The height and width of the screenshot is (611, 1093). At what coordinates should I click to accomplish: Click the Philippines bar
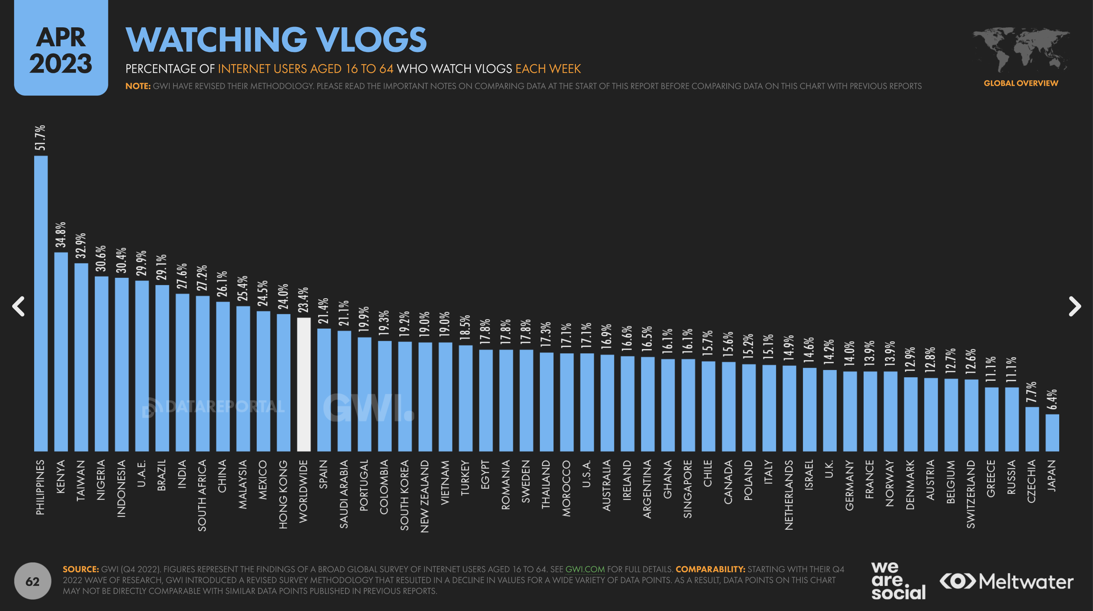point(41,303)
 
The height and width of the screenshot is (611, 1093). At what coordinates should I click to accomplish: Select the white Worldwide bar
point(303,384)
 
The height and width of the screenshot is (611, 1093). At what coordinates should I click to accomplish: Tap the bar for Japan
point(1052,433)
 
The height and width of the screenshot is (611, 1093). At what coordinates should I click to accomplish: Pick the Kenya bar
point(61,351)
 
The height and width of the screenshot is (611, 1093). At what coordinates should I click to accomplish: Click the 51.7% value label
point(40,137)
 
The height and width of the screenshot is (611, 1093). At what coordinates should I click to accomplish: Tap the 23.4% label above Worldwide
point(303,300)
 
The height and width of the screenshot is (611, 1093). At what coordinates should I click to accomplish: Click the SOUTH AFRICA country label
point(202,495)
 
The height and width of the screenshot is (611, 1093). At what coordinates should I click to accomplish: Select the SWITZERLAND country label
point(970,494)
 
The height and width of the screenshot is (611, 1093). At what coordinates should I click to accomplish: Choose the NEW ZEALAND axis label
point(425,496)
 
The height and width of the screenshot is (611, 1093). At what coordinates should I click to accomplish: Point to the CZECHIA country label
point(1031,481)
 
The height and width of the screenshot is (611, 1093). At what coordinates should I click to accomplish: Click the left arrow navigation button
point(18,306)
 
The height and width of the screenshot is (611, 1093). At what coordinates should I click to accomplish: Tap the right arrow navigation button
point(1074,306)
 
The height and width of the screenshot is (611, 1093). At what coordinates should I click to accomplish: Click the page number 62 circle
point(33,581)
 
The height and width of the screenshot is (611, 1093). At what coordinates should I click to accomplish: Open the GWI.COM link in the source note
point(585,569)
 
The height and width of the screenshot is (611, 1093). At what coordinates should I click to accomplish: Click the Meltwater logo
point(1006,581)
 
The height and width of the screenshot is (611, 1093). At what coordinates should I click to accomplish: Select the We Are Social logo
point(898,581)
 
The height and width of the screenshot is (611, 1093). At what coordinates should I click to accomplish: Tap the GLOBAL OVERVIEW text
point(1020,83)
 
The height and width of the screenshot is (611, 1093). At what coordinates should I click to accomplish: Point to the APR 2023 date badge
point(61,49)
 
